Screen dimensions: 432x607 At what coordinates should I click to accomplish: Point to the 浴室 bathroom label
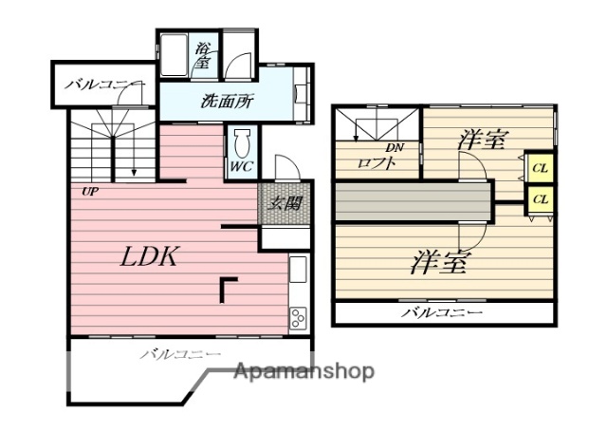click(203, 55)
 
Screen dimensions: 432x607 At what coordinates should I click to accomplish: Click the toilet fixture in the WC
click(241, 145)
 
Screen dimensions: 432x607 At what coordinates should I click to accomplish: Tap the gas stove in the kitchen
click(298, 316)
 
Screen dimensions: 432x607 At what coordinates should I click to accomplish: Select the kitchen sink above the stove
click(298, 272)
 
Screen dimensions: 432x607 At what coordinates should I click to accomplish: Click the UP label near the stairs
click(90, 190)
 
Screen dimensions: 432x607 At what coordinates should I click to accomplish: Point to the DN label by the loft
click(395, 147)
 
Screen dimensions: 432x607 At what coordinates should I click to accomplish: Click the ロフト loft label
click(376, 162)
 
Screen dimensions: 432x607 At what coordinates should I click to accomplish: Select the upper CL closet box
click(540, 169)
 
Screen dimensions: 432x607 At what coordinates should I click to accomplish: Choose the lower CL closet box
click(540, 199)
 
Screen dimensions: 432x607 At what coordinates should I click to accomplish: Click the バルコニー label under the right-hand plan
click(442, 312)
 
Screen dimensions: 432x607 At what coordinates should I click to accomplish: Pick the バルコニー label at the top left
click(104, 85)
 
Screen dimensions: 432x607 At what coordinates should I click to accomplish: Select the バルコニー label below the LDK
click(182, 354)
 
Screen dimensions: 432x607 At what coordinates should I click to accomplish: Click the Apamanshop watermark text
click(304, 371)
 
